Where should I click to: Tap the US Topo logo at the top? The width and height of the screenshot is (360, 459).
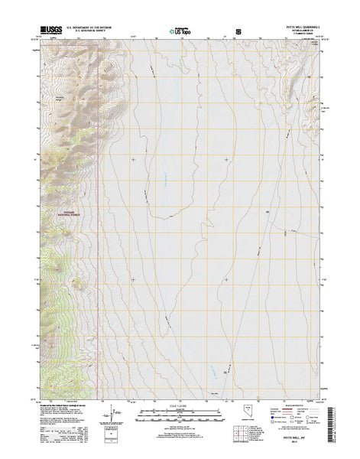click(x=180, y=33)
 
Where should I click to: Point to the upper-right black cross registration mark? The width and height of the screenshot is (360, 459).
click(x=225, y=160)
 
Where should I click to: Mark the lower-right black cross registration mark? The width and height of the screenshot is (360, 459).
click(x=225, y=279)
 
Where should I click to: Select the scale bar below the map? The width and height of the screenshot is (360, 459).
click(x=180, y=414)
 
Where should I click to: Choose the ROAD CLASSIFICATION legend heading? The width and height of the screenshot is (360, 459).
click(x=294, y=405)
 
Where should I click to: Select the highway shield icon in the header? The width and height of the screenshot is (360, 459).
click(x=238, y=33)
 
